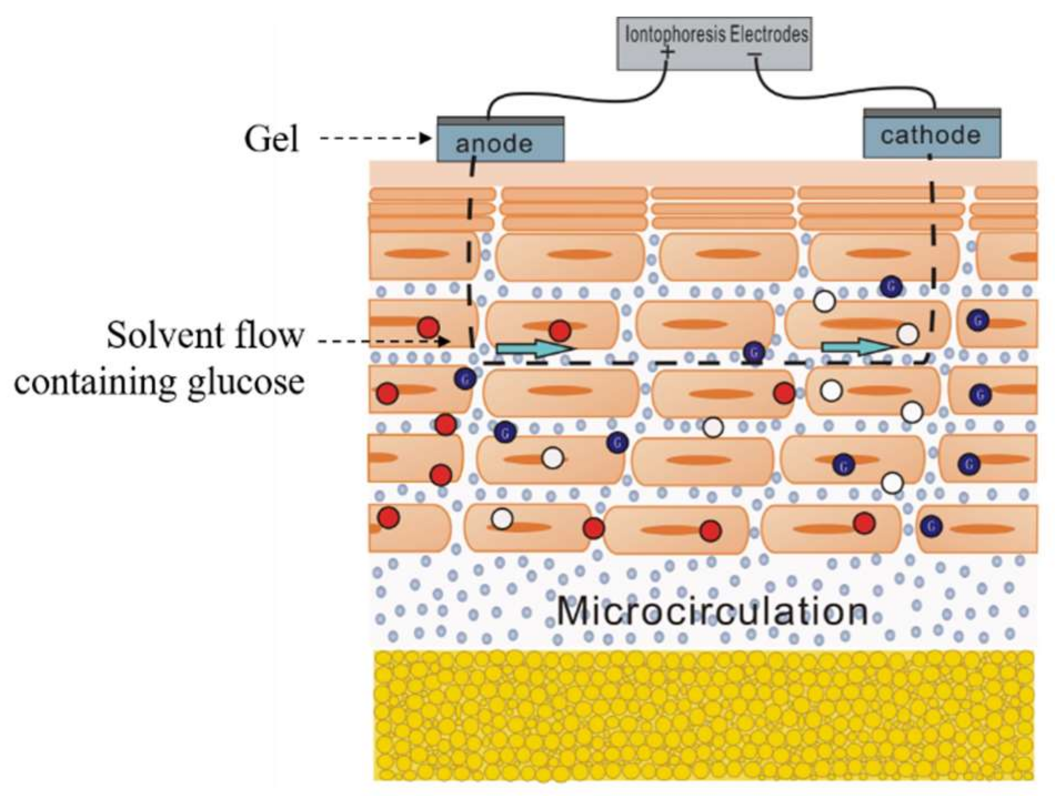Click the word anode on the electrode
point(494,144)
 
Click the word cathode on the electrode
point(930,135)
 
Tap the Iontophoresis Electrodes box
point(714,43)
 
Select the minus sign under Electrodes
point(754,54)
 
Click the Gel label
point(272,139)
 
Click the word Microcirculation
point(712,611)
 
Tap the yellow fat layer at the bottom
point(704,716)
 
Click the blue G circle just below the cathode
point(891,286)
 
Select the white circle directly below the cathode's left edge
point(825,301)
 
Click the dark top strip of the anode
point(500,120)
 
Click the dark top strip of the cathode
point(932,113)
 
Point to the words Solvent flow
point(205,335)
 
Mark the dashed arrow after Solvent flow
point(383,341)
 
